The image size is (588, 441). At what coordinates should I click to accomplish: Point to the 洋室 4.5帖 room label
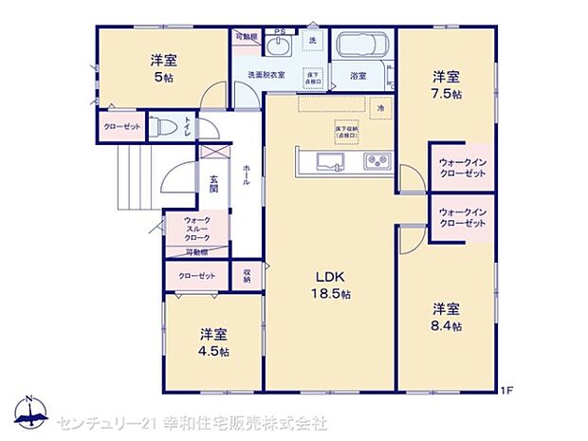pyautogui.click(x=213, y=341)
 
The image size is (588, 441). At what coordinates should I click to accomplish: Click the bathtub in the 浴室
pyautogui.click(x=359, y=46)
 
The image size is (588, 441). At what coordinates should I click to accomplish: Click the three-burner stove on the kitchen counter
pyautogui.click(x=377, y=161)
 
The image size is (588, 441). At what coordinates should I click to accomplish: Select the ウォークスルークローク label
pyautogui.click(x=196, y=228)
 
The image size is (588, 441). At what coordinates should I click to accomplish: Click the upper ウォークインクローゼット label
pyautogui.click(x=462, y=168)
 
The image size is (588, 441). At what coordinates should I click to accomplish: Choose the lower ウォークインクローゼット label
pyautogui.click(x=462, y=216)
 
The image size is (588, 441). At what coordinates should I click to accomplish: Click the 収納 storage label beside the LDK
pyautogui.click(x=247, y=274)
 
